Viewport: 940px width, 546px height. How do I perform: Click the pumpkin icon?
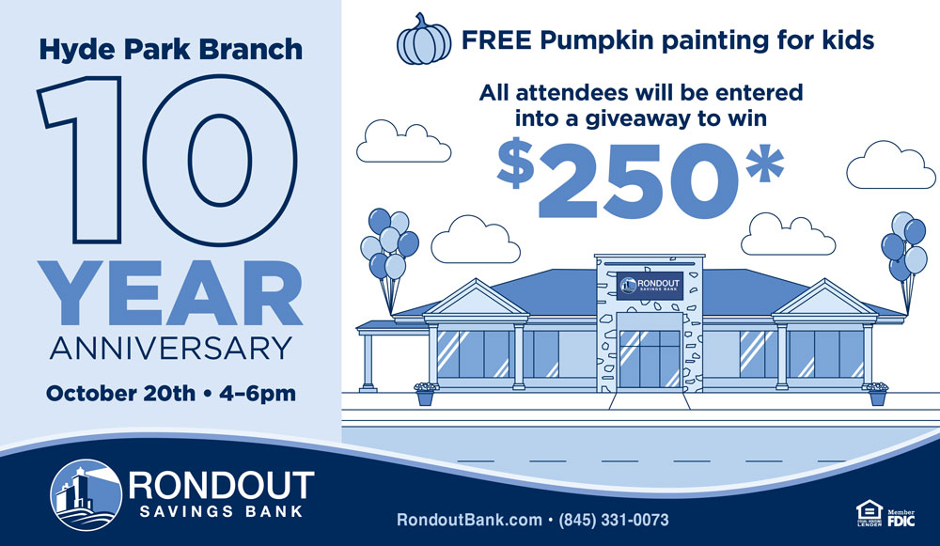pos(424,39)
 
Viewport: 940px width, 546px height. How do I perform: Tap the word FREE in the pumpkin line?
pos(496,40)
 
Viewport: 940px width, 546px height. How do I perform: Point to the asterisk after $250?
pos(764,162)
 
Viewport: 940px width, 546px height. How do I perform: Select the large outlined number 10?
pos(168,160)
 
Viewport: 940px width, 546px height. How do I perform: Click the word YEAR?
pos(170,293)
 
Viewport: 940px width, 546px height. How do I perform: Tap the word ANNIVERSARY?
pos(171,349)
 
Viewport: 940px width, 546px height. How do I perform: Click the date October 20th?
pos(120,394)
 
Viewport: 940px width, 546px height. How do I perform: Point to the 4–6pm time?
pos(258,395)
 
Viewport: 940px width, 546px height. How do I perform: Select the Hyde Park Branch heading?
pos(171,50)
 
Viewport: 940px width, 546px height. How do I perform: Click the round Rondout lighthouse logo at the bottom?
pos(86,495)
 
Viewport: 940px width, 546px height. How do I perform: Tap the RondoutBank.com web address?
pos(469,520)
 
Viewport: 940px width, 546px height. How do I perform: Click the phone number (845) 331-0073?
pos(613,520)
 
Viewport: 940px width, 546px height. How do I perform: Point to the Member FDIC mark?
pos(901,518)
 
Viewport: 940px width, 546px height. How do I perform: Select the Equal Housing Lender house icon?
pos(869,514)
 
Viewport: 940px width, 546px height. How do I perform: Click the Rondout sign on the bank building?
pos(650,286)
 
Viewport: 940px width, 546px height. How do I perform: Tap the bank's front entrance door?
pos(650,358)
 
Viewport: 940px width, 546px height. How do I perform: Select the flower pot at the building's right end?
pos(878,394)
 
